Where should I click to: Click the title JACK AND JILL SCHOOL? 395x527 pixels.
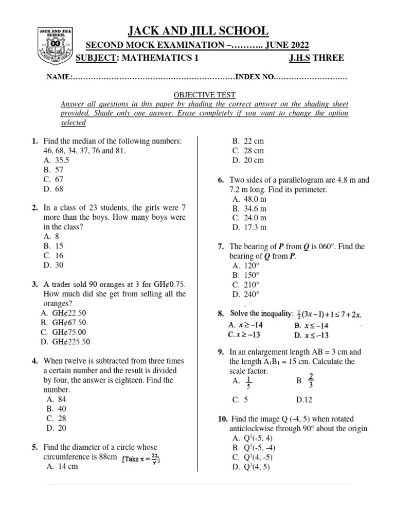[x=197, y=31]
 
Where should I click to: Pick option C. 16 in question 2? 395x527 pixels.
[x=54, y=255]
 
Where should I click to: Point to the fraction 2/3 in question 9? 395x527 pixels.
[x=310, y=381]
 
